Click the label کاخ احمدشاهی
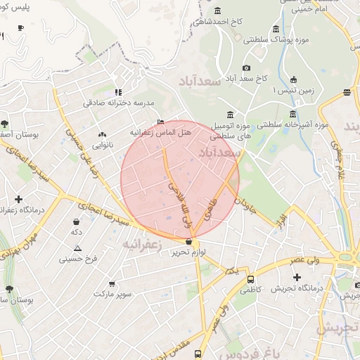tap(219, 21)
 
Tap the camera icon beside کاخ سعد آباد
tap(246, 67)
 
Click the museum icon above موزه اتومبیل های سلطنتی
tap(231, 115)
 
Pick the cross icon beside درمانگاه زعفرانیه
tap(18, 199)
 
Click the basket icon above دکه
tap(76, 221)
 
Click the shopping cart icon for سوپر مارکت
tap(112, 285)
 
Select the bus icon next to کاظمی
tap(251, 279)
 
